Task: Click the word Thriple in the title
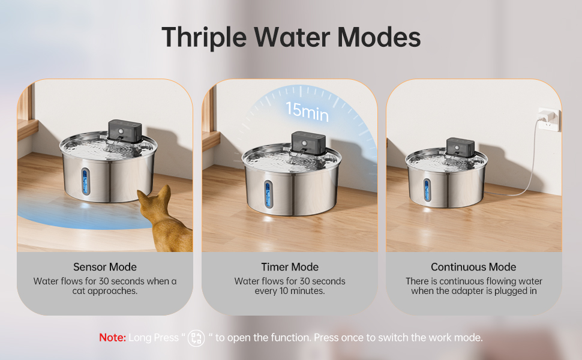click(204, 37)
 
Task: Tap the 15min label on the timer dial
click(307, 110)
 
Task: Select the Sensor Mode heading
click(105, 267)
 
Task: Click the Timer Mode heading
click(290, 267)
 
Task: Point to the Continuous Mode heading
click(473, 267)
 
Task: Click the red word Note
click(112, 338)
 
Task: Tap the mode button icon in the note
click(196, 338)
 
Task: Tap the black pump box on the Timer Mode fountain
click(308, 142)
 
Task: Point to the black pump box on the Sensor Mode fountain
click(124, 128)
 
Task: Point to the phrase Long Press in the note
click(153, 338)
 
